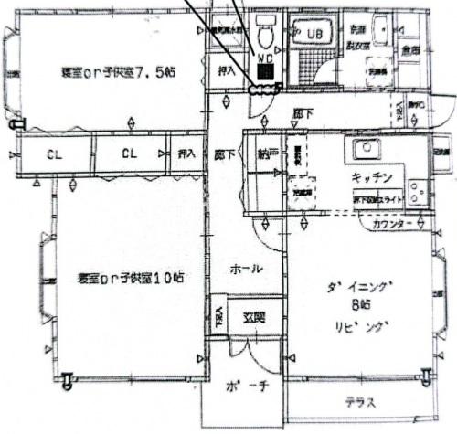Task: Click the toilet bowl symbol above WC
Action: (x=265, y=37)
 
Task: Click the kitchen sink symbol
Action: (x=367, y=152)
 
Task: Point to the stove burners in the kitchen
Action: (x=417, y=193)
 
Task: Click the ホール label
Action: (x=247, y=270)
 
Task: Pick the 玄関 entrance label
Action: (x=254, y=318)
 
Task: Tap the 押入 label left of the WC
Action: (x=227, y=69)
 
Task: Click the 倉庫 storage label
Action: (x=409, y=51)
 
